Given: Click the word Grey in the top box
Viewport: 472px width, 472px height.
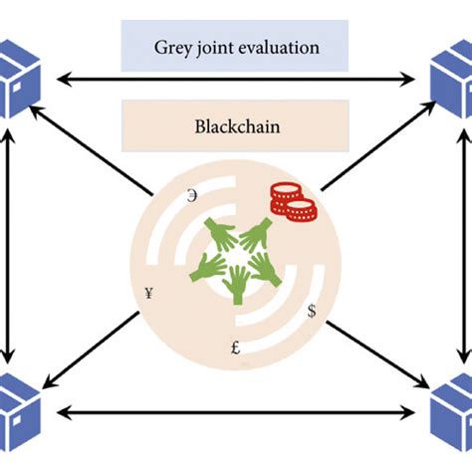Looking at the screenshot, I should (x=173, y=46).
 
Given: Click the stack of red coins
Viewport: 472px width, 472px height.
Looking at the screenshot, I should (x=293, y=203).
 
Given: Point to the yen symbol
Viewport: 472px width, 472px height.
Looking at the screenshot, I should (x=148, y=293).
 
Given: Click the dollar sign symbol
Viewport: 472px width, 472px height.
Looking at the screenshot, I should (x=312, y=312).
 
